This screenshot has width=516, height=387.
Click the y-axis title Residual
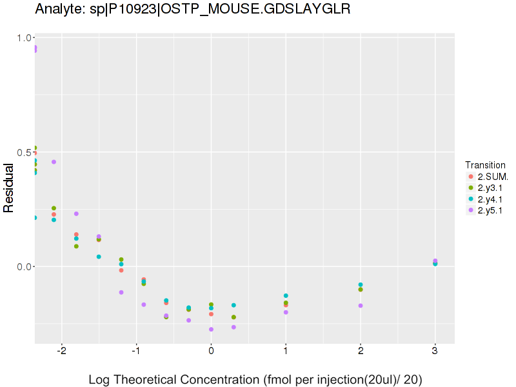pos(9,188)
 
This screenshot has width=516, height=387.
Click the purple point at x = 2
pos(361,306)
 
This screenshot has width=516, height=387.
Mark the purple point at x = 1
pos(286,312)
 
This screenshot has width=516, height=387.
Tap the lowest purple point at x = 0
pos(211,330)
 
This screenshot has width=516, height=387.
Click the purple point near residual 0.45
pos(54,162)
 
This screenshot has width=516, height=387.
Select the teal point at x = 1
pos(286,295)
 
